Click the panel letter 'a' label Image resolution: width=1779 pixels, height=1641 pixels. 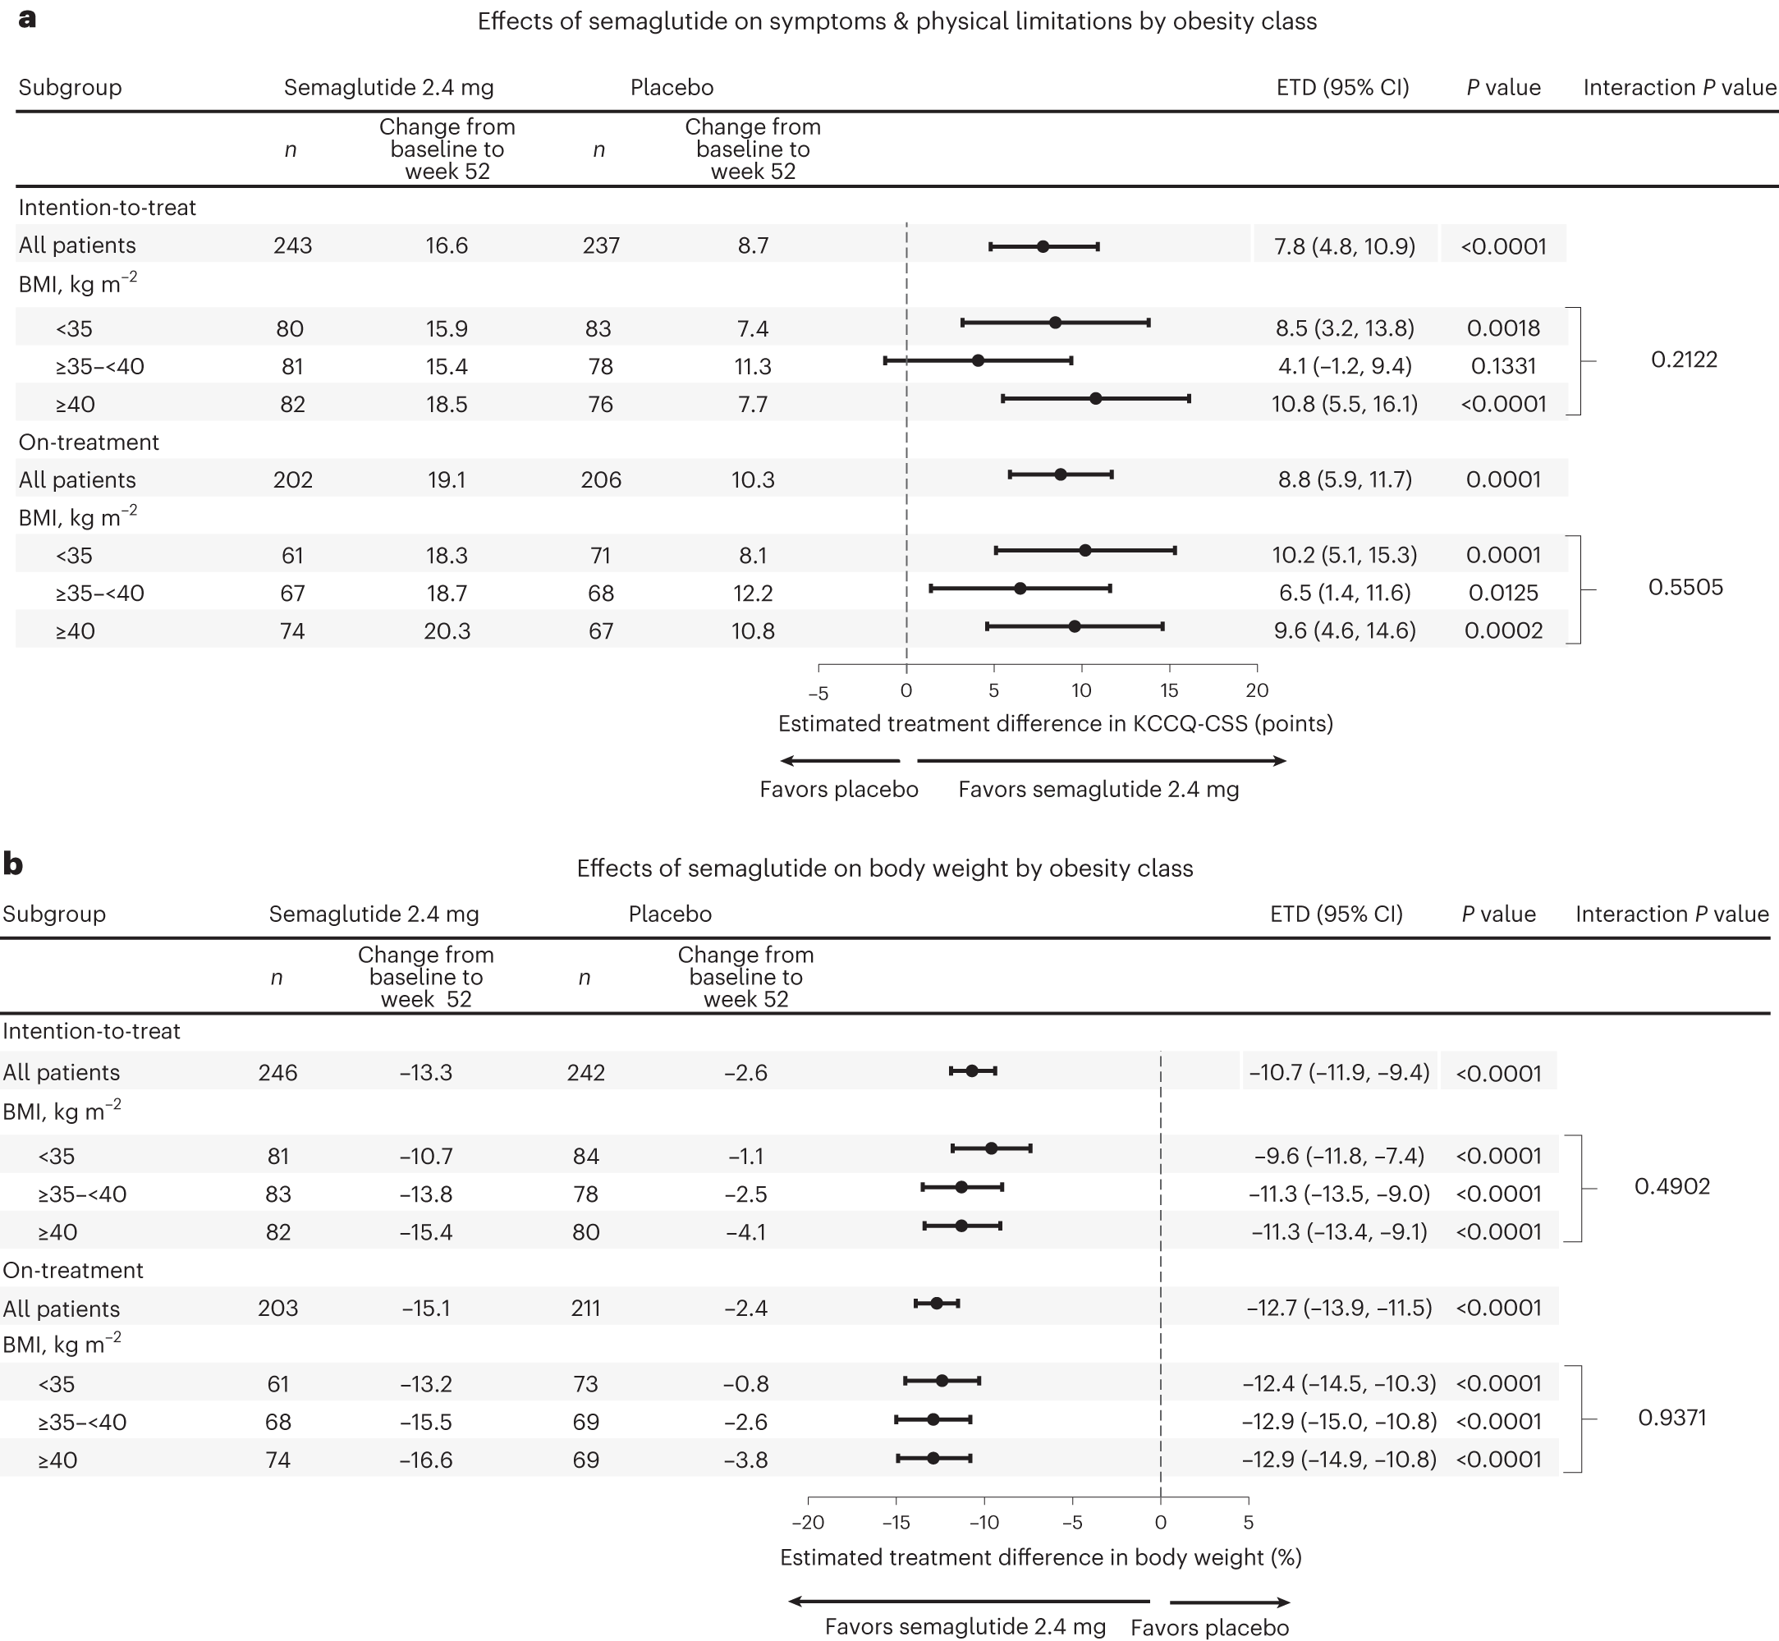pyautogui.click(x=26, y=18)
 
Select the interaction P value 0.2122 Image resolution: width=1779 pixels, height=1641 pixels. pyautogui.click(x=1683, y=360)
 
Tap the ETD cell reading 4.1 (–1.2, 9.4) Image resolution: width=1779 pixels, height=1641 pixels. pyautogui.click(x=1344, y=366)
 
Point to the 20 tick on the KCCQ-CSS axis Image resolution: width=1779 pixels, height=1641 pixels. pyautogui.click(x=1257, y=690)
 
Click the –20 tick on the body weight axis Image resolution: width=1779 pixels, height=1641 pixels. pyautogui.click(x=807, y=1522)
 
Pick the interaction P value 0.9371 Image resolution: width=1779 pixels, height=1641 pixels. pyautogui.click(x=1671, y=1417)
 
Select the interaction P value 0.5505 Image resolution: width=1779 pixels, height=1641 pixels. pyautogui.click(x=1685, y=587)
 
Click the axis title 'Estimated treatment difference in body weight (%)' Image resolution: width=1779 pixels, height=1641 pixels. pyautogui.click(x=1040, y=1557)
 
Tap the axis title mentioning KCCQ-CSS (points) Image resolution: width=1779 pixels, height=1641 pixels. pyautogui.click(x=1055, y=724)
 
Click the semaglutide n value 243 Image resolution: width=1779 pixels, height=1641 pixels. pyautogui.click(x=292, y=246)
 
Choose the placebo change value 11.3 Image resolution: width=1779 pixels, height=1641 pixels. pyautogui.click(x=752, y=367)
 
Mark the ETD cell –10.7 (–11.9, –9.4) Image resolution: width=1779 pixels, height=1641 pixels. pyautogui.click(x=1339, y=1073)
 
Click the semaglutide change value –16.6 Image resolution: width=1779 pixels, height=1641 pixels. pyautogui.click(x=425, y=1460)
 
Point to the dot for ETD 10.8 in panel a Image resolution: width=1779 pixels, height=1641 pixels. pyautogui.click(x=1095, y=399)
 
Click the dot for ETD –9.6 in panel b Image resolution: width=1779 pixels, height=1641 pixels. pyautogui.click(x=991, y=1148)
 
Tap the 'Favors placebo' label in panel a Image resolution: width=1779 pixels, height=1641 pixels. pyautogui.click(x=838, y=790)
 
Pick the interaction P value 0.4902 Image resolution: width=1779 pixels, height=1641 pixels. pyautogui.click(x=1671, y=1186)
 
